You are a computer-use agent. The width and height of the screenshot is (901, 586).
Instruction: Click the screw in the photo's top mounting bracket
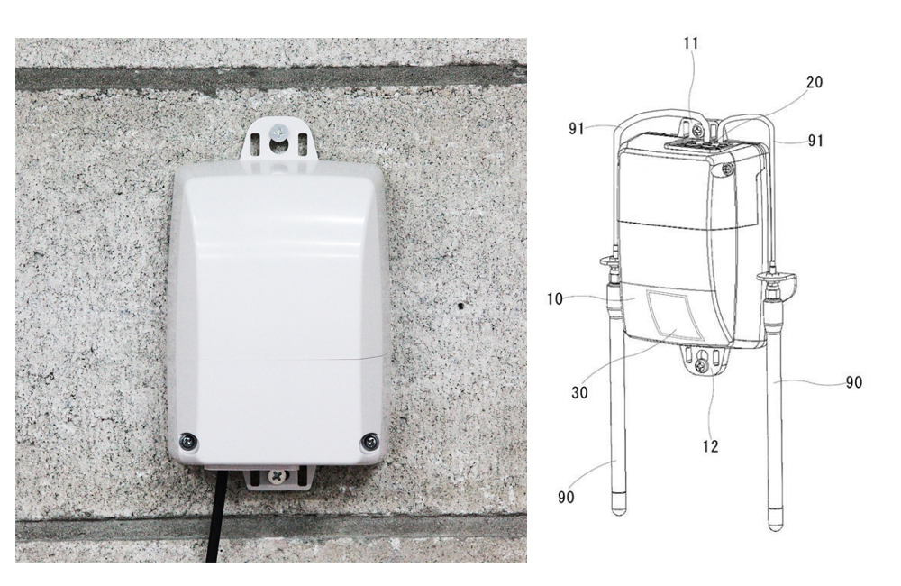pyautogui.click(x=280, y=131)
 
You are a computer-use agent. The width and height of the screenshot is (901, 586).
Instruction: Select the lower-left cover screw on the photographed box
pyautogui.click(x=188, y=442)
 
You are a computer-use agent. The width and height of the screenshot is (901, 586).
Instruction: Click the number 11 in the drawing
pyautogui.click(x=691, y=43)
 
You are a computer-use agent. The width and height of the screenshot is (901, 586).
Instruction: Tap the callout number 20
pyautogui.click(x=815, y=82)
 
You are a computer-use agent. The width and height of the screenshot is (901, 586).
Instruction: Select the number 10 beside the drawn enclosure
pyautogui.click(x=554, y=299)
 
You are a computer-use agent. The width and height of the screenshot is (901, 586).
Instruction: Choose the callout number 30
pyautogui.click(x=579, y=392)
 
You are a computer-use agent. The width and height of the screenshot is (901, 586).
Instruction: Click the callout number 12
pyautogui.click(x=710, y=446)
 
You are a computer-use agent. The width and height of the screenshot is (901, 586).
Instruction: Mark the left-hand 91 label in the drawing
pyautogui.click(x=577, y=128)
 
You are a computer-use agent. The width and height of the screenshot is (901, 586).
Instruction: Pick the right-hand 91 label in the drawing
pyautogui.click(x=815, y=141)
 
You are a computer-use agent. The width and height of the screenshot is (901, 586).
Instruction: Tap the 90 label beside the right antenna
pyautogui.click(x=854, y=382)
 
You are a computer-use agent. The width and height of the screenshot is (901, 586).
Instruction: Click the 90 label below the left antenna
pyautogui.click(x=566, y=497)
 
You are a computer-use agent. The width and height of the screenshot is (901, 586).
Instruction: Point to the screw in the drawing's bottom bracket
pyautogui.click(x=700, y=365)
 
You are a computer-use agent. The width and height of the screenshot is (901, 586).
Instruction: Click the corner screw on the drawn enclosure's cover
pyautogui.click(x=728, y=169)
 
